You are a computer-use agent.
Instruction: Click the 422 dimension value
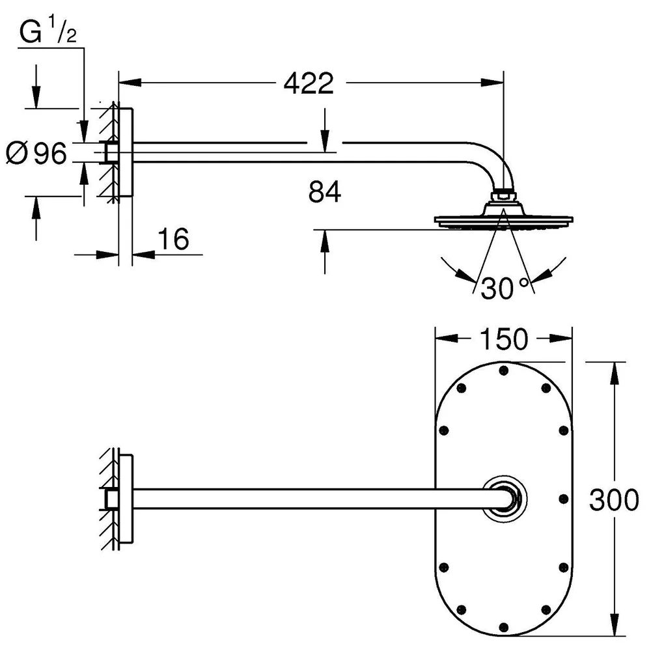(x=309, y=83)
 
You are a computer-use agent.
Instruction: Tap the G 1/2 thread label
(x=48, y=29)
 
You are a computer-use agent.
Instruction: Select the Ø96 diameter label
(x=36, y=153)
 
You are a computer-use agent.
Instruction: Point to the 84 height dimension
(x=325, y=191)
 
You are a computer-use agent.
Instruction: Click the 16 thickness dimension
(x=174, y=239)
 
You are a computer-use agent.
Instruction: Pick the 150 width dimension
(x=504, y=339)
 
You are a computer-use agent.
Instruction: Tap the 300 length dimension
(x=614, y=499)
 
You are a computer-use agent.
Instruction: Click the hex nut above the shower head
(x=503, y=195)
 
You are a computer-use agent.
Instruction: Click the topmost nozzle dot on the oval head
(x=504, y=370)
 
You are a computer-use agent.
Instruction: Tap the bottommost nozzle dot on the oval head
(x=504, y=627)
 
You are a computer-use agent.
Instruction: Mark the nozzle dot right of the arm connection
(x=563, y=498)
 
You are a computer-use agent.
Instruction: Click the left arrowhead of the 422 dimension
(x=130, y=83)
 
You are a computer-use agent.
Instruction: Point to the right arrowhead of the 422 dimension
(x=492, y=83)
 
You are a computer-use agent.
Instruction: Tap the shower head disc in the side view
(x=504, y=221)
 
